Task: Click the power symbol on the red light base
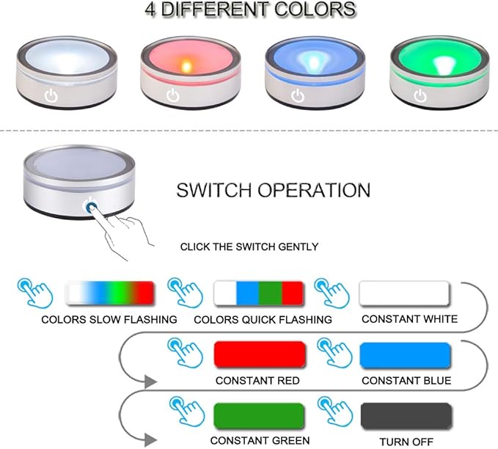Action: pyautogui.click(x=173, y=95)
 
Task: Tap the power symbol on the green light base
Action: pyautogui.click(x=420, y=95)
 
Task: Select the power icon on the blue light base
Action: pyautogui.click(x=298, y=95)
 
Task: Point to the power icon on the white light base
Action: pyautogui.click(x=51, y=95)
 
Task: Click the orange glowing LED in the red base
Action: pyautogui.click(x=186, y=66)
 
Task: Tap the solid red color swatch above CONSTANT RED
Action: pyautogui.click(x=260, y=354)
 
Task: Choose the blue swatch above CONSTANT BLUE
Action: pyautogui.click(x=406, y=355)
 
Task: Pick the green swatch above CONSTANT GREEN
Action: pyautogui.click(x=259, y=415)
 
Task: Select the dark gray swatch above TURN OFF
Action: pyautogui.click(x=406, y=416)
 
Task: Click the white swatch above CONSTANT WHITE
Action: pyautogui.click(x=404, y=293)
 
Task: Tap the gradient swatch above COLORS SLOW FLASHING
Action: pyautogui.click(x=109, y=293)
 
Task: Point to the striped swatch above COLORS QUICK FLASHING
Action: pyautogui.click(x=259, y=293)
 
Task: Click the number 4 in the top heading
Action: pyautogui.click(x=150, y=10)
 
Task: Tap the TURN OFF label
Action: pyautogui.click(x=406, y=442)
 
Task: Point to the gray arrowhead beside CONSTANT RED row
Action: pyautogui.click(x=150, y=382)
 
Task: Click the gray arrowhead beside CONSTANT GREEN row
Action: pyautogui.click(x=150, y=440)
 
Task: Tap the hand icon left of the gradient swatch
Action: pyautogui.click(x=35, y=293)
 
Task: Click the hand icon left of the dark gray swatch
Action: pyautogui.click(x=335, y=412)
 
